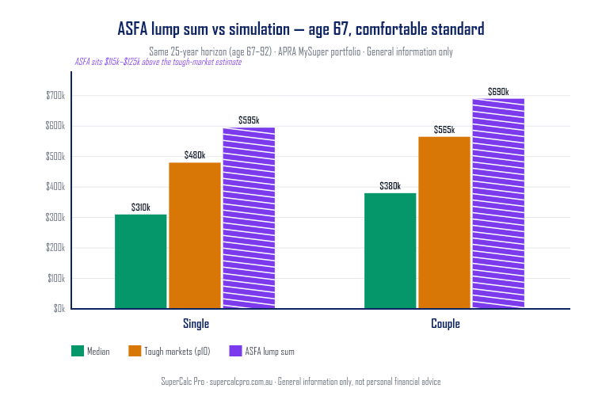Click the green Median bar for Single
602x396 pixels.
pyautogui.click(x=141, y=261)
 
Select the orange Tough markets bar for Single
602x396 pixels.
pyautogui.click(x=195, y=235)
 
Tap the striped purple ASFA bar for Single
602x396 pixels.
pyautogui.click(x=249, y=218)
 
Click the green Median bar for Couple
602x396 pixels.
pyautogui.click(x=390, y=250)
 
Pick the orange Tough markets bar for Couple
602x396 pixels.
pyautogui.click(x=444, y=223)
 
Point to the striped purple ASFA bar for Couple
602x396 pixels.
pyautogui.click(x=498, y=204)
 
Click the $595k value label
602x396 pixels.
pyautogui.click(x=249, y=120)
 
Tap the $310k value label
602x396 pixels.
pyautogui.click(x=141, y=208)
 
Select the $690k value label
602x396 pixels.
pyautogui.click(x=498, y=92)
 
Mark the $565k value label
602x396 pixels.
pyautogui.click(x=444, y=130)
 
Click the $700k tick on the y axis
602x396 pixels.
pyautogui.click(x=55, y=96)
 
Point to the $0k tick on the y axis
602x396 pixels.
pyautogui.click(x=59, y=309)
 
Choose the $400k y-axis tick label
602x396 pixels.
pyautogui.click(x=55, y=187)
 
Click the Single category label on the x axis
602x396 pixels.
pyautogui.click(x=196, y=325)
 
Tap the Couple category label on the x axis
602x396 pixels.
pyautogui.click(x=445, y=325)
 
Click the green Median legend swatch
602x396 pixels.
pyautogui.click(x=77, y=351)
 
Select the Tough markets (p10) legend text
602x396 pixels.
pyautogui.click(x=176, y=351)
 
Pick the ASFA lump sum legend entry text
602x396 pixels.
pyautogui.click(x=270, y=351)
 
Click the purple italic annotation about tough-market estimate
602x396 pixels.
pyautogui.click(x=158, y=62)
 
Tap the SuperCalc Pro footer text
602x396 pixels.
pyautogui.click(x=301, y=382)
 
